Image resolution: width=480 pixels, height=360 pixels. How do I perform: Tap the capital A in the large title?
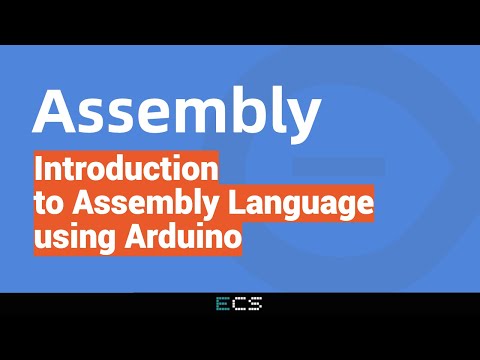[59, 111]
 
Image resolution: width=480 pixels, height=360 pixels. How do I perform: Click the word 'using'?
[71, 239]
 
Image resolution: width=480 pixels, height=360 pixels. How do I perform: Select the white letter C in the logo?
[240, 305]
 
